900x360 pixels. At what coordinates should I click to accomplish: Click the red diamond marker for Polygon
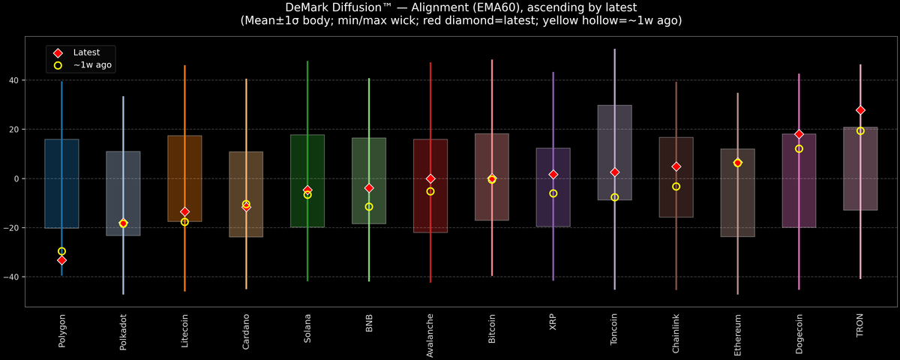click(61, 260)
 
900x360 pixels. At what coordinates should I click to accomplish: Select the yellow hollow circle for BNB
click(369, 207)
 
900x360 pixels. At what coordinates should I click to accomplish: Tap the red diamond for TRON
click(860, 110)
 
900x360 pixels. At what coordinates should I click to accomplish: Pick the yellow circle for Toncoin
click(615, 197)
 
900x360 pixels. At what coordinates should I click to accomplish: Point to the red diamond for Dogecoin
click(799, 134)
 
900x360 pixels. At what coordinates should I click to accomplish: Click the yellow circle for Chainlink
click(676, 187)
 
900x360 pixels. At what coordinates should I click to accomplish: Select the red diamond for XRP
click(553, 175)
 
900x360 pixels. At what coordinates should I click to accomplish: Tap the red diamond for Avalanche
click(430, 178)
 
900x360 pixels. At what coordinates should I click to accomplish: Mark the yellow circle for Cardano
click(246, 204)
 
